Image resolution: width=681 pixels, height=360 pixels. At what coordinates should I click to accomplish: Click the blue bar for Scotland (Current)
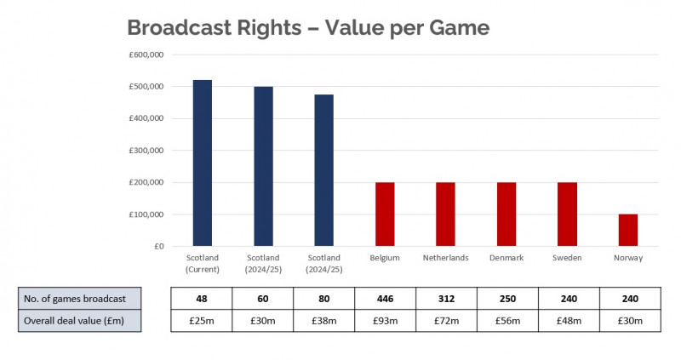point(203,163)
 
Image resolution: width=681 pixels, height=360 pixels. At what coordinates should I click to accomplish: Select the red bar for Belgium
point(385,214)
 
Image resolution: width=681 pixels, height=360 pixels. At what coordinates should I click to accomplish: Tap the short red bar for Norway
point(627,230)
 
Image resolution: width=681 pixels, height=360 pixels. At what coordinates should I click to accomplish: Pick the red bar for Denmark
point(506,214)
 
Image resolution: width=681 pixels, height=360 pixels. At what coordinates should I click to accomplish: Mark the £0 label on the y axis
point(157,247)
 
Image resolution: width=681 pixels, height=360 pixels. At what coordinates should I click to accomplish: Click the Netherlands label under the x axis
point(445,258)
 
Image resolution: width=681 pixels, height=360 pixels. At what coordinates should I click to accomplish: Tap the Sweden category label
point(567,258)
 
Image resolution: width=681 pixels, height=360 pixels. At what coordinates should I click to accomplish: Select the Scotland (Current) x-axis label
point(203,263)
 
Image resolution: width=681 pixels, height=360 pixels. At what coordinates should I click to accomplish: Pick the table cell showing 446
point(386,299)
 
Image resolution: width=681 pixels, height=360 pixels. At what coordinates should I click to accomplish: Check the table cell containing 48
point(202,299)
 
